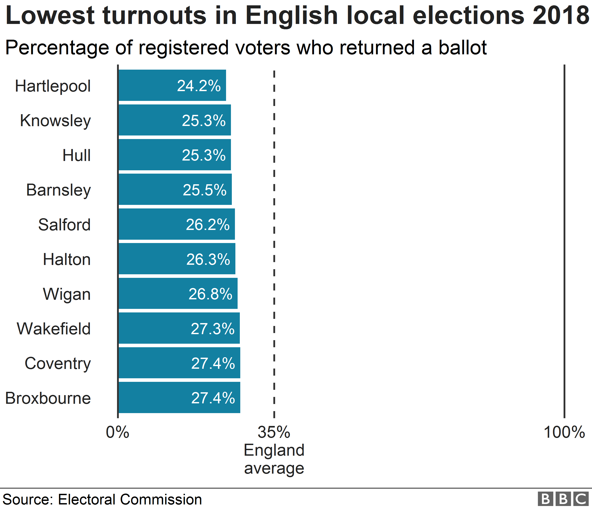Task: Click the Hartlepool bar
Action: tap(172, 85)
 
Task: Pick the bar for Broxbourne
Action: tap(179, 398)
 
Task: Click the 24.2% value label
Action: tap(199, 86)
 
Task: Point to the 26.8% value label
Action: tap(210, 294)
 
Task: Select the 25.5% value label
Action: tap(205, 190)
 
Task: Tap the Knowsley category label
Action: tap(56, 121)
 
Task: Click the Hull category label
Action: tap(77, 155)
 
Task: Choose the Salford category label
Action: tap(65, 225)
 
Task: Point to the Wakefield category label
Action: tap(54, 329)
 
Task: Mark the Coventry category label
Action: tap(58, 364)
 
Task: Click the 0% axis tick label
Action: tap(117, 432)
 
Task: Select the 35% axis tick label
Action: tap(274, 432)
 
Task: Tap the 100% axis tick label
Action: tap(564, 432)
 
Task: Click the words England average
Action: tap(274, 459)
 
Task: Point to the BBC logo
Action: tap(563, 499)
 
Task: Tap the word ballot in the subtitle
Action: tap(463, 48)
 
